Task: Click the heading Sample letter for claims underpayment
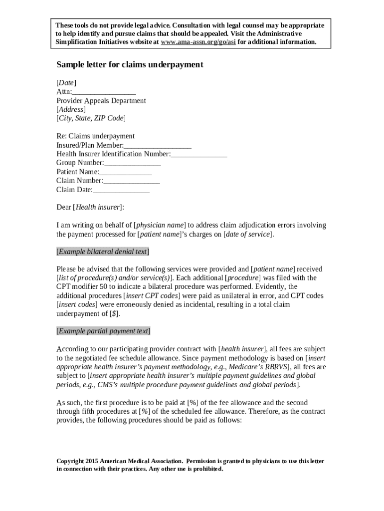click(130, 65)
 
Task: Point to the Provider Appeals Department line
click(101, 101)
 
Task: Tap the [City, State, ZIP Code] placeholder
click(91, 118)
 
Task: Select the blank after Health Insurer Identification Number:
click(199, 154)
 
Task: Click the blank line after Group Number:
click(133, 163)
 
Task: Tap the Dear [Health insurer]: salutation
click(90, 207)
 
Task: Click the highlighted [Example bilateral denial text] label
click(103, 252)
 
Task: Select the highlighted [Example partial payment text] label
click(103, 331)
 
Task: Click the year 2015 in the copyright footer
click(92, 461)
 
